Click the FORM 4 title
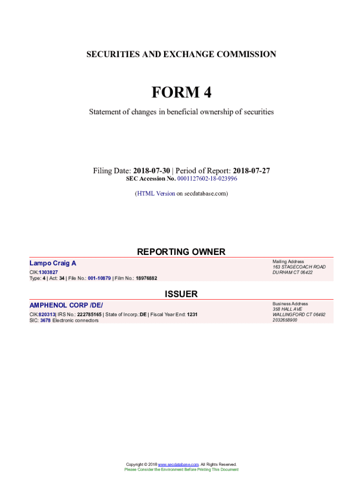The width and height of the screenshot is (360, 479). pos(181,93)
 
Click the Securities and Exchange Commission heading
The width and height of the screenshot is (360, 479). pos(181,54)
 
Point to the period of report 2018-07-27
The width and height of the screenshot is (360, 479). pos(251,171)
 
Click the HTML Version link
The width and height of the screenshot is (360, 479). pos(155,193)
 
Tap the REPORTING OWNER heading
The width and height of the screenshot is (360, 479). pos(181,252)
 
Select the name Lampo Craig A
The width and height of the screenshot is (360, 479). pos(53,263)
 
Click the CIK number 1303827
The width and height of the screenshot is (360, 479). pos(48,272)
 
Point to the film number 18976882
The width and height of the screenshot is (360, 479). pos(146,278)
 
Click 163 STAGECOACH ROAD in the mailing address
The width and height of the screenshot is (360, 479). pos(299,267)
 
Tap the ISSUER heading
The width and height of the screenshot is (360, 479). pos(181,294)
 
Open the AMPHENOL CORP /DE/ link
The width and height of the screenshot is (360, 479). pos(66,305)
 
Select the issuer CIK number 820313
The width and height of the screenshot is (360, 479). pos(47,315)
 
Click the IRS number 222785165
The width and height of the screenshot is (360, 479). pos(89,315)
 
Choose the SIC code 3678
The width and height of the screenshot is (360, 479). pos(45,320)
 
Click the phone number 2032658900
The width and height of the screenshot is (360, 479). pos(285,320)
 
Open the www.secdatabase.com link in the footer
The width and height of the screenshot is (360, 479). pos(179,464)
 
